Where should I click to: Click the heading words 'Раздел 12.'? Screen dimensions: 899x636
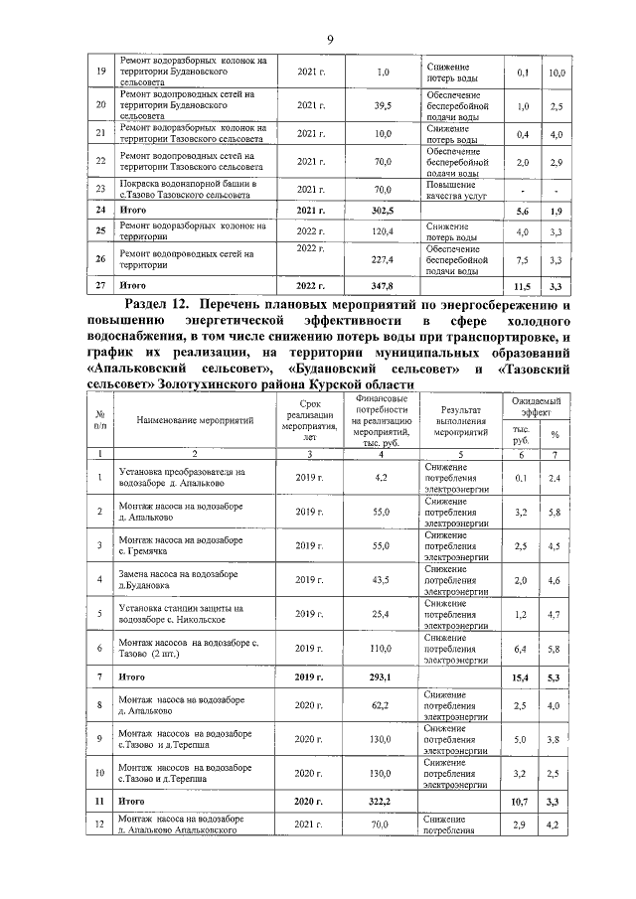tap(158, 302)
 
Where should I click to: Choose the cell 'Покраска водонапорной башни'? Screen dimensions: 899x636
tap(188, 189)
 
